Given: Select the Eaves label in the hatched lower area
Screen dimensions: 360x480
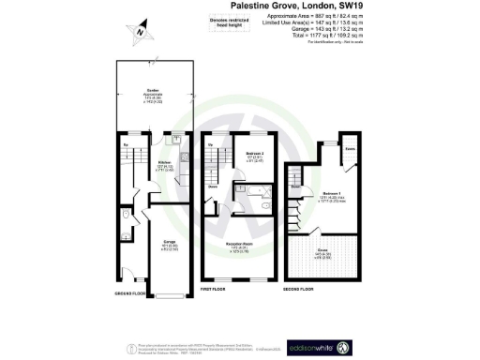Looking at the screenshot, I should [322, 251].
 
